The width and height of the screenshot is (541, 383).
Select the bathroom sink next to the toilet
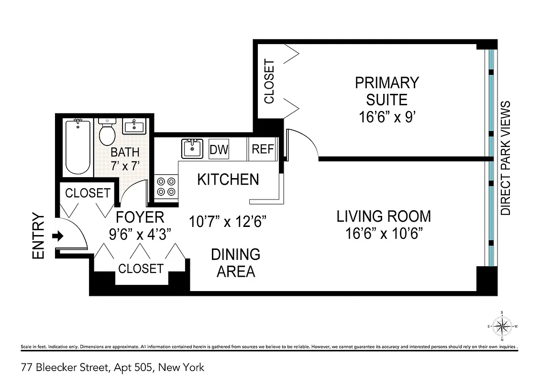tap(134, 127)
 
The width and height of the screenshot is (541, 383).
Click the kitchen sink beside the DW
tap(193, 148)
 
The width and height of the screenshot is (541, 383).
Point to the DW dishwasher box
tap(219, 149)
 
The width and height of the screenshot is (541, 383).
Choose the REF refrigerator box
tap(263, 149)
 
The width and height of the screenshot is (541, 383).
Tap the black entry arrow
tap(58, 236)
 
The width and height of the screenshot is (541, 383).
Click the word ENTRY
tap(38, 237)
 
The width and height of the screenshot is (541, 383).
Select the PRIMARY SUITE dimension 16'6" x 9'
tap(386, 117)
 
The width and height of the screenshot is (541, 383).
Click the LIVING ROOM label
tap(384, 216)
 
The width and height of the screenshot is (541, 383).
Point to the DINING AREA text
tap(236, 263)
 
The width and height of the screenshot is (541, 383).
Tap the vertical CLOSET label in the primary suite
tap(269, 81)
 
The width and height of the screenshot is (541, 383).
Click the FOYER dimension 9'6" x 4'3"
tap(140, 234)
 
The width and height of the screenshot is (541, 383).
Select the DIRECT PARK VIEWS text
tap(506, 158)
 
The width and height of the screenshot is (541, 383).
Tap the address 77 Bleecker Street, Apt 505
tap(112, 368)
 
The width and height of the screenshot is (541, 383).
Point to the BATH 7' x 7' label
tap(125, 159)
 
